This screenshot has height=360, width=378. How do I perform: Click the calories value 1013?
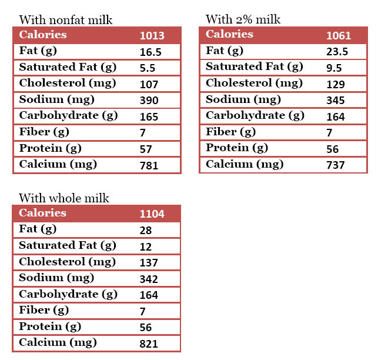click(x=152, y=36)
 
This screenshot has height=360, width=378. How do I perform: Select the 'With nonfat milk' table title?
click(x=65, y=21)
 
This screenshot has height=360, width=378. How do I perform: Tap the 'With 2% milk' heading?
click(x=243, y=19)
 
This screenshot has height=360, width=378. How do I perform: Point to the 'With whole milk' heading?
click(x=64, y=198)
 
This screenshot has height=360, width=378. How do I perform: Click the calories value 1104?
click(x=152, y=214)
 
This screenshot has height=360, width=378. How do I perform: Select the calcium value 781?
click(x=149, y=166)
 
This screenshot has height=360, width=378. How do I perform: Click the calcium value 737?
click(x=335, y=165)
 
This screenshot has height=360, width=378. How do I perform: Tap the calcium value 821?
click(x=149, y=344)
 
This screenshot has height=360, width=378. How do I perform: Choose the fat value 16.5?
click(x=150, y=52)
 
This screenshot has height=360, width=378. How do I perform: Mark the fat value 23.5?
click(x=337, y=52)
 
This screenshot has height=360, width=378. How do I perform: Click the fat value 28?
click(x=146, y=230)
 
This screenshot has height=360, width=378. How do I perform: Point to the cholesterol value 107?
click(x=149, y=85)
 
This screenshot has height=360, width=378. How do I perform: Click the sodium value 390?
click(x=149, y=101)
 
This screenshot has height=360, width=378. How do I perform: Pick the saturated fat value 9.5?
click(x=334, y=68)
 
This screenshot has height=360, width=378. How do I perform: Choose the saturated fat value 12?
click(x=146, y=246)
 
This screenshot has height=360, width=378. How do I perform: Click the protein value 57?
click(x=146, y=149)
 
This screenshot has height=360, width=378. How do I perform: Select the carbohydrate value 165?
click(x=149, y=117)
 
